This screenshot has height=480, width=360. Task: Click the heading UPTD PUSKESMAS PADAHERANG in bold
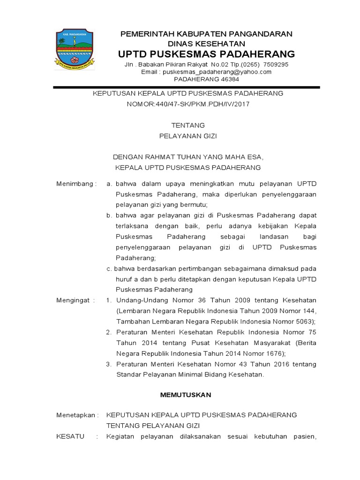point(206,53)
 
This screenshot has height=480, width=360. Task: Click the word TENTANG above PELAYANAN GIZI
point(188,125)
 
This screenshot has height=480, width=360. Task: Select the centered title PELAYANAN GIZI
point(188,136)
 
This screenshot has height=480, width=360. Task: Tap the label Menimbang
point(75,183)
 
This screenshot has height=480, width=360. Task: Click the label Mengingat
point(75,300)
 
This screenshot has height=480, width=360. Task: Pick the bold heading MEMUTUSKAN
point(186,395)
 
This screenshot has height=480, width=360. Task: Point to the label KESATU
point(70,436)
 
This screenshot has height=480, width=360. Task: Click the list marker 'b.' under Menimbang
point(109,215)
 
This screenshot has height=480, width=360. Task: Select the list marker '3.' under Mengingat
point(108,364)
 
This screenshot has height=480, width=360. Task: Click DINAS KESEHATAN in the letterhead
point(206,43)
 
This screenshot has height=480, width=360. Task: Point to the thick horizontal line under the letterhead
point(186,87)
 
